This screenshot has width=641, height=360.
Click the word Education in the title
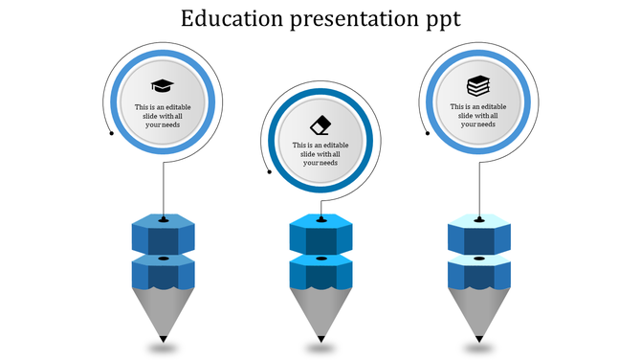tap(227, 19)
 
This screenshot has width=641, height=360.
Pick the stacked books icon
tap(477, 85)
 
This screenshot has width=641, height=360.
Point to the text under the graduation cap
tap(164, 116)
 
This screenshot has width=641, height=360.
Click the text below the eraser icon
tap(320, 154)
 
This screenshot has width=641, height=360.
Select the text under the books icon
tap(477, 115)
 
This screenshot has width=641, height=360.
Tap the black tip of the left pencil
tap(164, 338)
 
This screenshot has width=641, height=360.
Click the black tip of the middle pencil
tap(320, 338)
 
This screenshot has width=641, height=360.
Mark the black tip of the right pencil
tap(479, 338)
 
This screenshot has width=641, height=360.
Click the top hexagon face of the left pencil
tap(164, 223)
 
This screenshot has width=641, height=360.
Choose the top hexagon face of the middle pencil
tap(320, 223)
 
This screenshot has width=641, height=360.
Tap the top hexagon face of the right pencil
tap(479, 223)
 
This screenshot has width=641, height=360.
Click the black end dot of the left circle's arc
tap(112, 132)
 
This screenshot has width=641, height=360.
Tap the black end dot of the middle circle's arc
tap(270, 172)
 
